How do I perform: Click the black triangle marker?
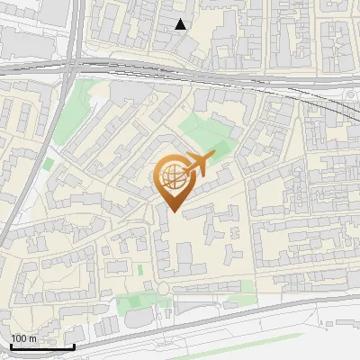click(181, 24)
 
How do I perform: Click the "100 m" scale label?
click(23, 338)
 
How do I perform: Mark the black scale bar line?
click(42, 346)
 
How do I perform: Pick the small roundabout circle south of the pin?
click(165, 288)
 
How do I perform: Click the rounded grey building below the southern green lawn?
click(137, 319)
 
